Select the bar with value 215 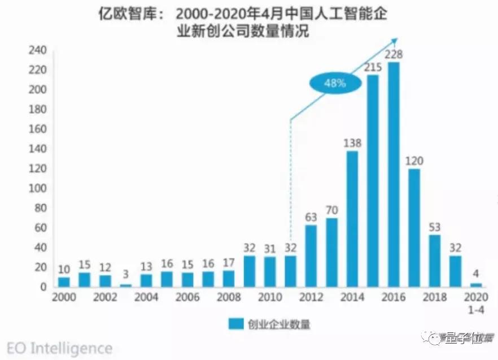[x=373, y=181]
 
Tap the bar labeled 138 [x=352, y=219]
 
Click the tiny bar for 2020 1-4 [x=476, y=285]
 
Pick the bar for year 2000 [x=64, y=281]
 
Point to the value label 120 [x=414, y=161]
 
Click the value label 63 [x=311, y=216]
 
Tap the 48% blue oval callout [x=335, y=84]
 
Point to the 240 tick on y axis [x=37, y=50]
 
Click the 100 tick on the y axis [x=37, y=188]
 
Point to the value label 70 [x=332, y=210]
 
